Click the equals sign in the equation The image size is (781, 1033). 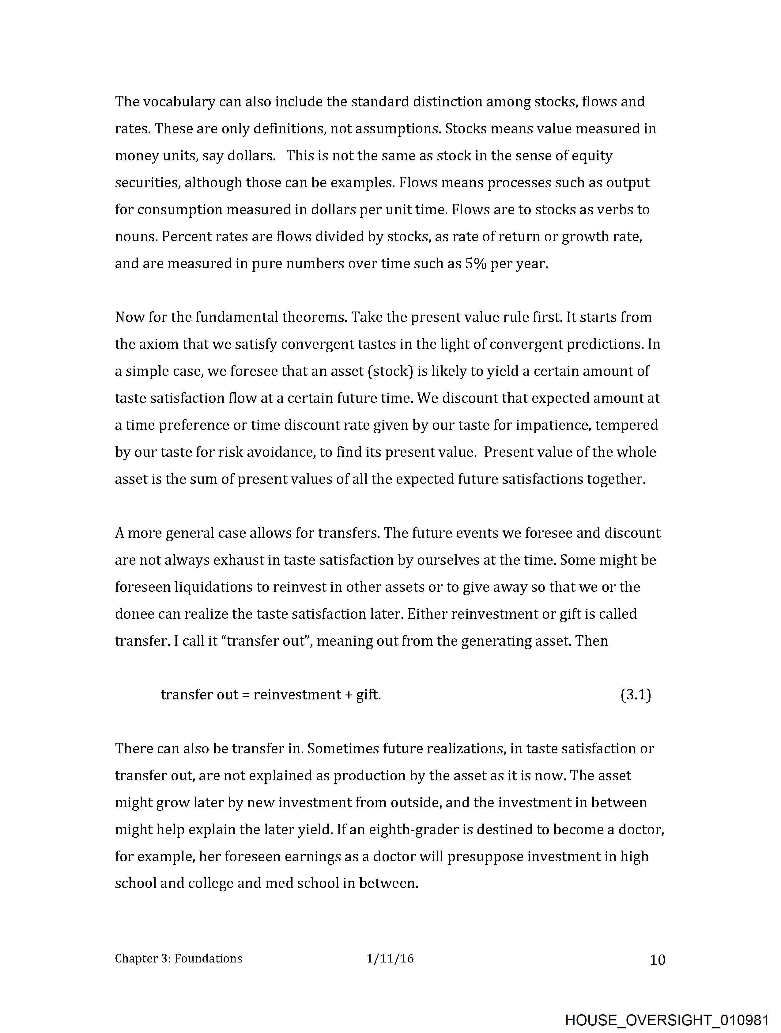[245, 695]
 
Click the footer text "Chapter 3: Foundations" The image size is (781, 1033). [178, 959]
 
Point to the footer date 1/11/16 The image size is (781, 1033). [390, 959]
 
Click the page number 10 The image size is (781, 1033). [657, 960]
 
